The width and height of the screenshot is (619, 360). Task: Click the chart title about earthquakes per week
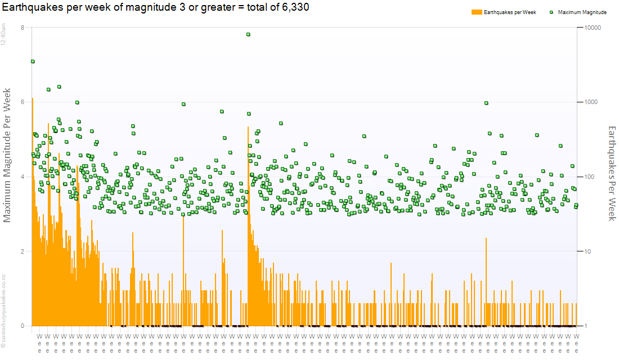tap(155, 7)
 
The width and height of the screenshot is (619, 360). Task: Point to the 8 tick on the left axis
tap(22, 28)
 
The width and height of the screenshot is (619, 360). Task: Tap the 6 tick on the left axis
tap(22, 102)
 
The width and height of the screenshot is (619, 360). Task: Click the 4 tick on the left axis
tap(22, 177)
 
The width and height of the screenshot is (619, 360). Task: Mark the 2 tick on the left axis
tap(22, 251)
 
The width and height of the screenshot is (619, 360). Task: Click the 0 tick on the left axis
tap(22, 326)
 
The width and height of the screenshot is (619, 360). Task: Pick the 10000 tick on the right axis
tap(594, 28)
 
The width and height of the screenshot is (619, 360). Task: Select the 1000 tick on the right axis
tap(592, 102)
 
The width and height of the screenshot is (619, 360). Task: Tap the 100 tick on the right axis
tap(590, 177)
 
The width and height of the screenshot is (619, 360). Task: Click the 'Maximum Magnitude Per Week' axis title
tap(8, 155)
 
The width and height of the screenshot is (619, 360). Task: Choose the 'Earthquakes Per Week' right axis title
tap(612, 173)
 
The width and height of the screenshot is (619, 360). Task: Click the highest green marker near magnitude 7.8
tap(248, 34)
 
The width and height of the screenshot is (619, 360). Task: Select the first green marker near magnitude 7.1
tap(33, 61)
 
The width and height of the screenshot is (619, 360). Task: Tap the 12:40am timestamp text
tap(3, 35)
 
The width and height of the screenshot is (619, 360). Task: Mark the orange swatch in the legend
tap(476, 12)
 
